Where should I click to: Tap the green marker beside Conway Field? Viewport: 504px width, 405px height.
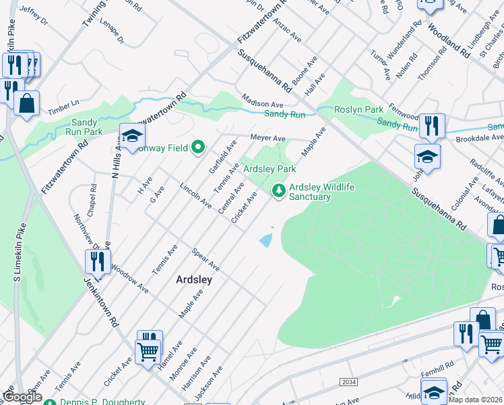[197, 146]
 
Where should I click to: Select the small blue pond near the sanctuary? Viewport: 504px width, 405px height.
[266, 240]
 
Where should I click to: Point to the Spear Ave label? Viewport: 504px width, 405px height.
[206, 258]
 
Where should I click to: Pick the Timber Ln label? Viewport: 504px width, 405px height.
[68, 103]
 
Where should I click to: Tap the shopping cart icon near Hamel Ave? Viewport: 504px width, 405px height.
[147, 352]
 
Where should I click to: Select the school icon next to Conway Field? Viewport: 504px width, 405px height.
[133, 135]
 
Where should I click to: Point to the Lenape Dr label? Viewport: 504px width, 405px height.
[113, 34]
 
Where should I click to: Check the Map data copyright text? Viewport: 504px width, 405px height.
[474, 400]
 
